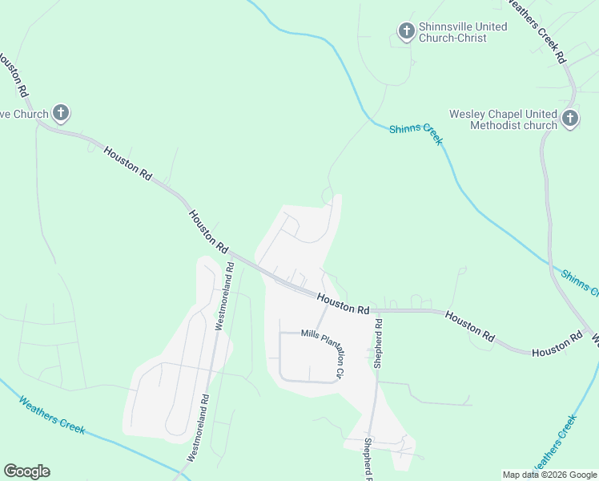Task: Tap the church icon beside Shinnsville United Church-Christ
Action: [406, 32]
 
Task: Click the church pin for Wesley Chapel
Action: [569, 119]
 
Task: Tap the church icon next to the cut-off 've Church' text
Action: [61, 112]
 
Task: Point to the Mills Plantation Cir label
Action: [323, 353]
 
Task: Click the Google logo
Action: [26, 471]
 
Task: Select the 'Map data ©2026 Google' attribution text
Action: [549, 475]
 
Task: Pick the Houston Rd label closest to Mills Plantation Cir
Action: [343, 303]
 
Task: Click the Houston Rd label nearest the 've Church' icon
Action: [127, 162]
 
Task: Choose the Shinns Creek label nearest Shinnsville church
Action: [416, 134]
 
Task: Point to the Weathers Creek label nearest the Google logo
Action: [51, 414]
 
